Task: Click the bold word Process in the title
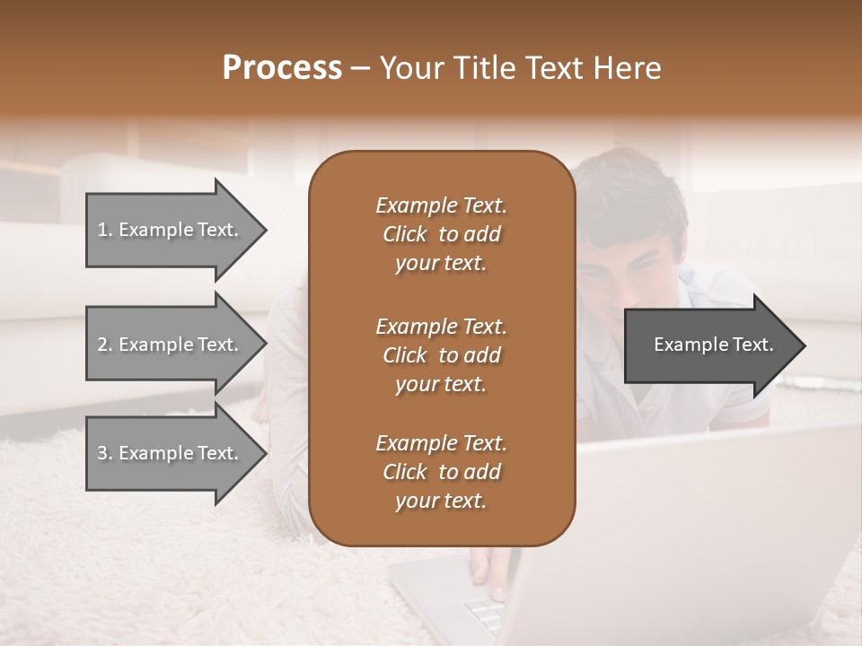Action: point(282,68)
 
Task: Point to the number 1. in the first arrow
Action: point(105,230)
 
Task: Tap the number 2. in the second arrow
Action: point(105,345)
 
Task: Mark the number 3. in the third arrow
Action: point(105,453)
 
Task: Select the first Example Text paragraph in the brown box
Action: point(441,234)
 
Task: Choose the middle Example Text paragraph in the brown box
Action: point(441,355)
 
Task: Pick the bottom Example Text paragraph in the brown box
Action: point(441,472)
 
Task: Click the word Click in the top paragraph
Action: point(404,234)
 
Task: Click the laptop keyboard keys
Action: point(489,619)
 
